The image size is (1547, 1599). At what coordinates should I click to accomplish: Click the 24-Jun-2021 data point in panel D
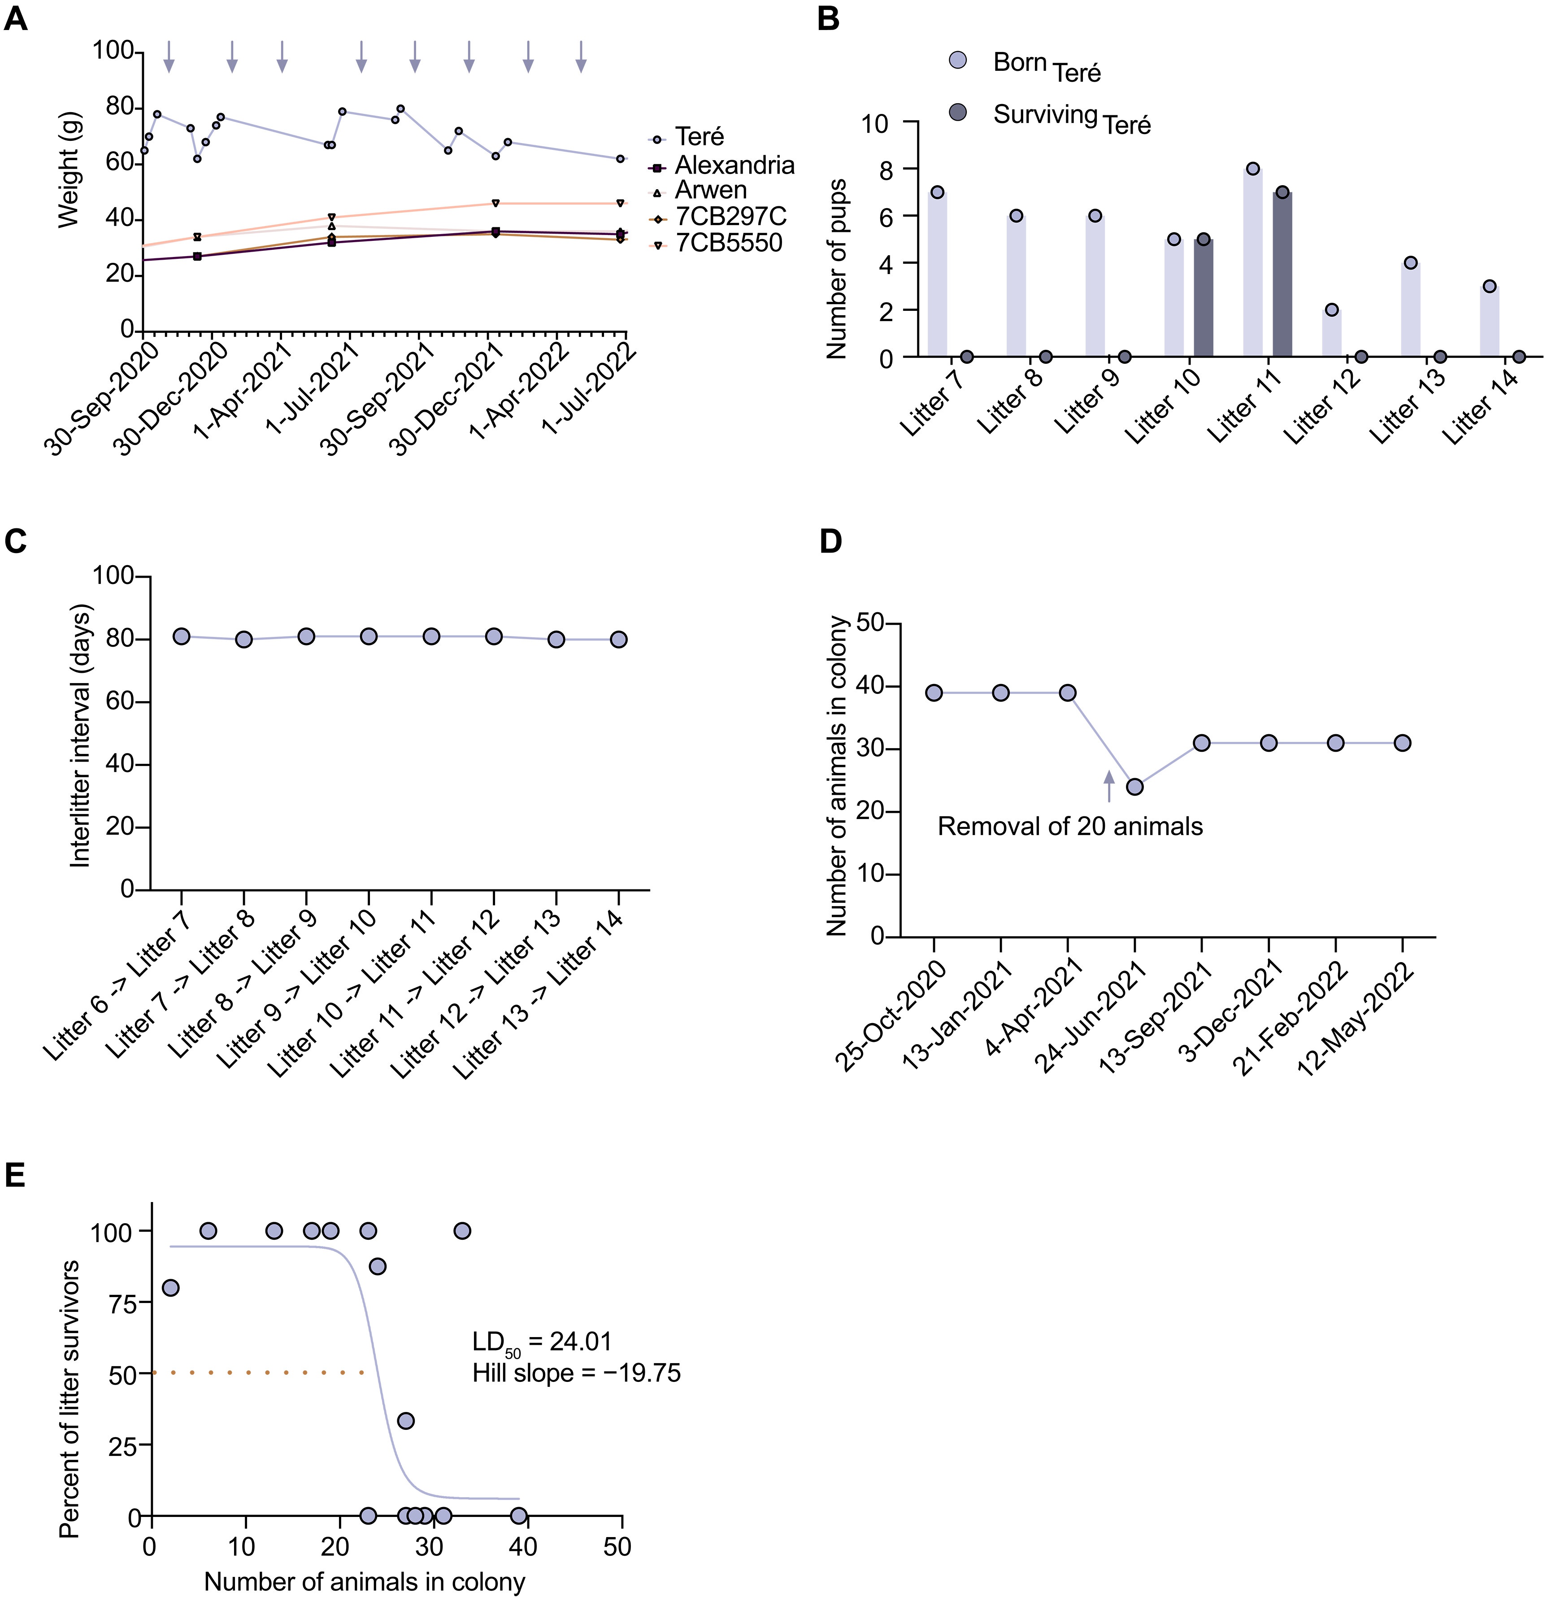[1134, 787]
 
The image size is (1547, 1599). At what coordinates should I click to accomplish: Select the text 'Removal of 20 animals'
[1070, 827]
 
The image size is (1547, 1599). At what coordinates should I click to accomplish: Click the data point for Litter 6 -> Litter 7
[181, 636]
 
